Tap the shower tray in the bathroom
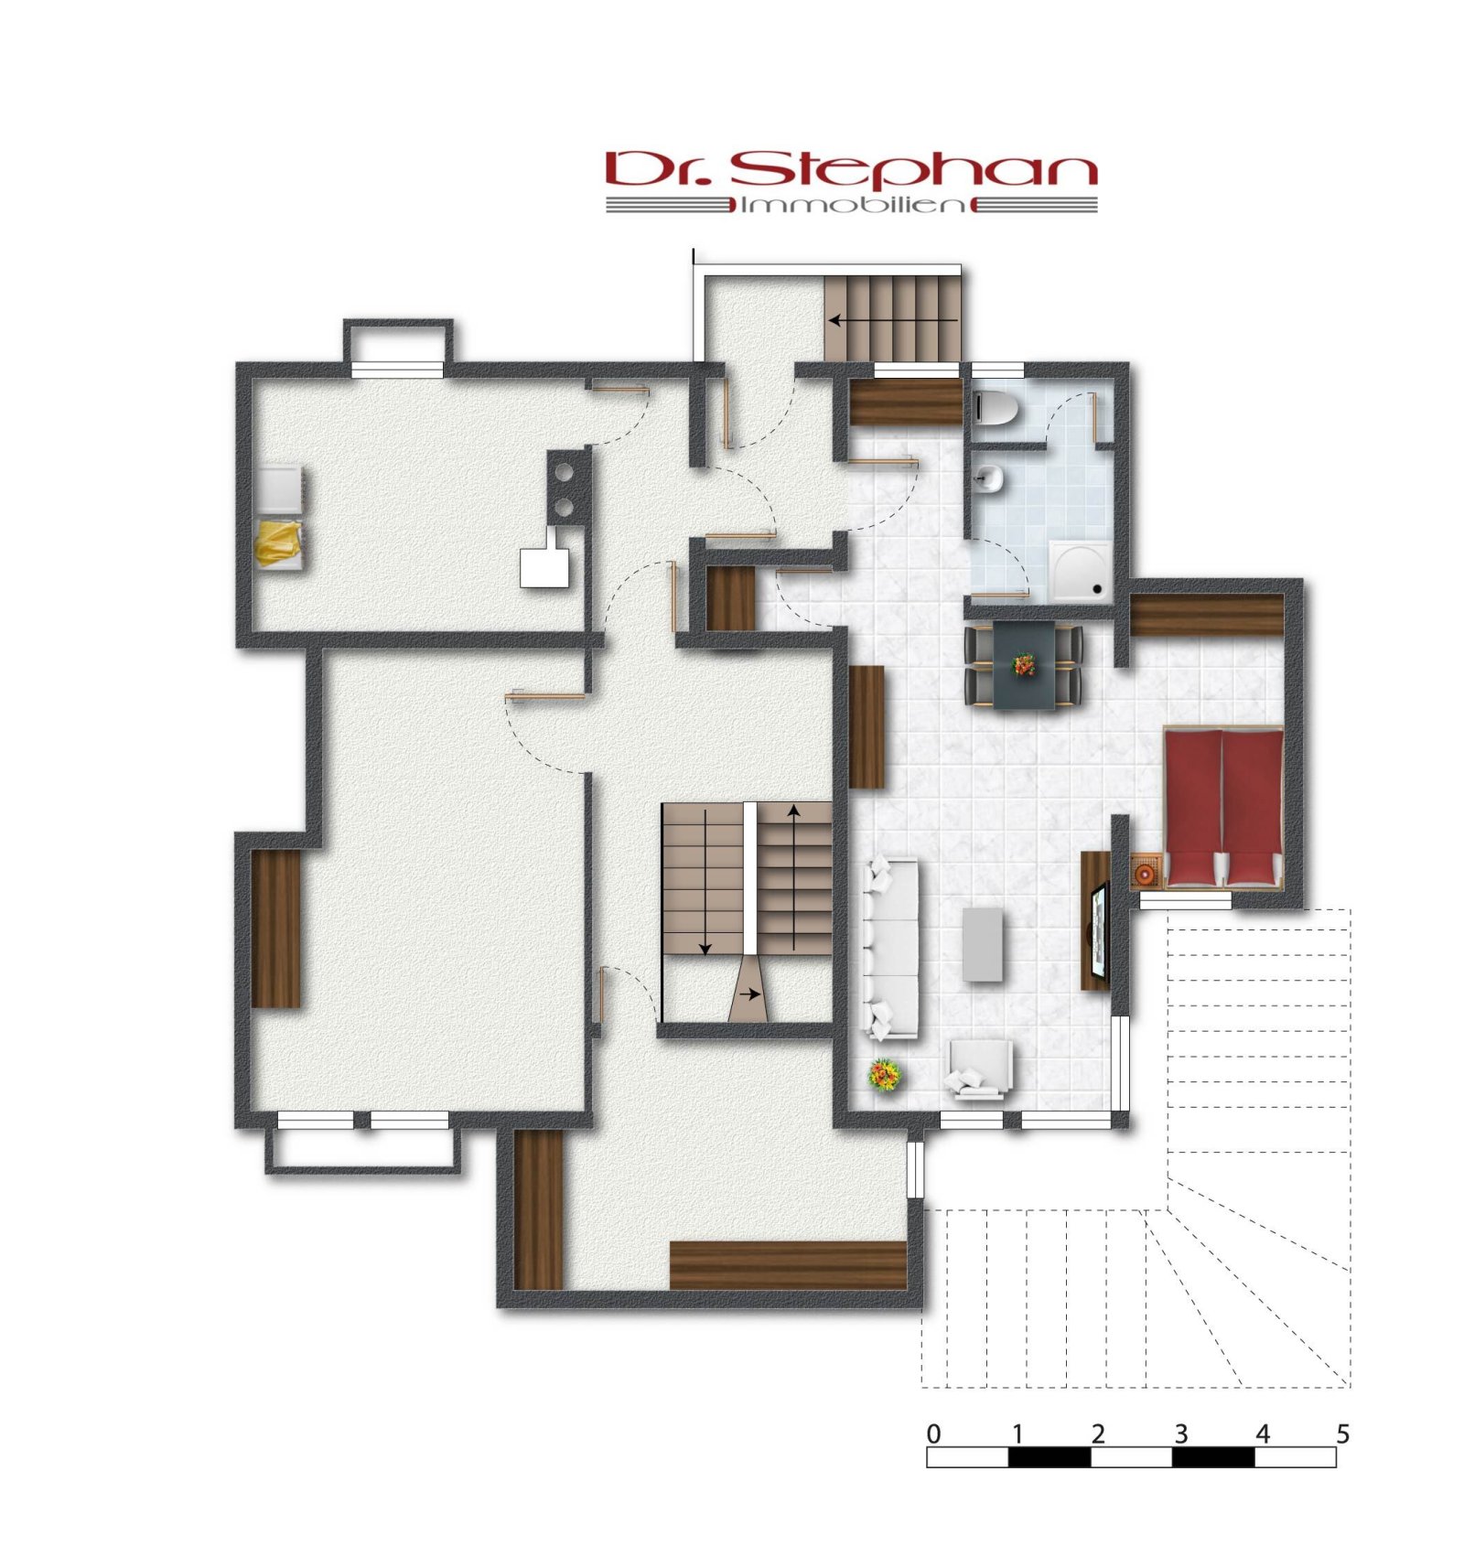(x=1081, y=571)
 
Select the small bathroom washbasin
(x=987, y=477)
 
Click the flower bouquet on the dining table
(x=1024, y=664)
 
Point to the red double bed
(x=1222, y=807)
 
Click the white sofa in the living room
(x=891, y=948)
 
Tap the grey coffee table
(x=983, y=944)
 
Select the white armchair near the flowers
(x=979, y=1068)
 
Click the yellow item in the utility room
(x=278, y=543)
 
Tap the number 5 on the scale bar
(x=1342, y=1434)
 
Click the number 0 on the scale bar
(x=932, y=1434)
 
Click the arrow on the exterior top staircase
(x=892, y=320)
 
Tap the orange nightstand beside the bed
(x=1146, y=872)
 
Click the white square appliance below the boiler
(x=546, y=567)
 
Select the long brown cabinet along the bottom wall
(x=787, y=1265)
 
